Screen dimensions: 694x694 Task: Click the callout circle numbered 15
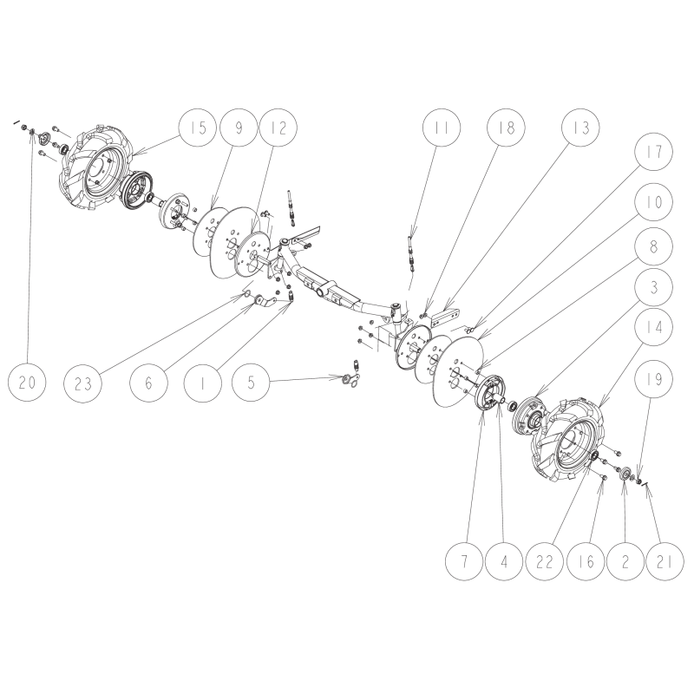pos(198,128)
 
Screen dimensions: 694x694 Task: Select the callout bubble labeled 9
pos(239,128)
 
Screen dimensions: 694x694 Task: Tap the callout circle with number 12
pos(278,128)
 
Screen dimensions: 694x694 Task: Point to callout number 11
pos(442,128)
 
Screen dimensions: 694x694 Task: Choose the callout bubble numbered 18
pos(506,128)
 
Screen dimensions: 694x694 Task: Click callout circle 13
pos(580,128)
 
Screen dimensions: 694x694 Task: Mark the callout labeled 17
pos(653,151)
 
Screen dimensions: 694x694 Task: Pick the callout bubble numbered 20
pos(27,383)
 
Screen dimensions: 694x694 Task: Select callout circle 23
pos(82,383)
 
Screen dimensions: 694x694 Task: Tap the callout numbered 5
pos(251,382)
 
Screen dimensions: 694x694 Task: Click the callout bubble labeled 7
pos(464,561)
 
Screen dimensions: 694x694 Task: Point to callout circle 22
pos(545,561)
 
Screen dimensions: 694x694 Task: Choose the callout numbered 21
pos(665,561)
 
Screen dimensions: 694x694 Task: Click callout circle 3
pos(653,287)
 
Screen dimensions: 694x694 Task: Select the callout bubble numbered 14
pos(653,327)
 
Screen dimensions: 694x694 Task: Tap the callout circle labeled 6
pos(148,383)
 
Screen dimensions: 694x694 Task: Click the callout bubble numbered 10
pos(653,202)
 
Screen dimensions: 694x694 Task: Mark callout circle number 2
pos(625,561)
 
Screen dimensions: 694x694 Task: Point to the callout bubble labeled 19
pos(653,379)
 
